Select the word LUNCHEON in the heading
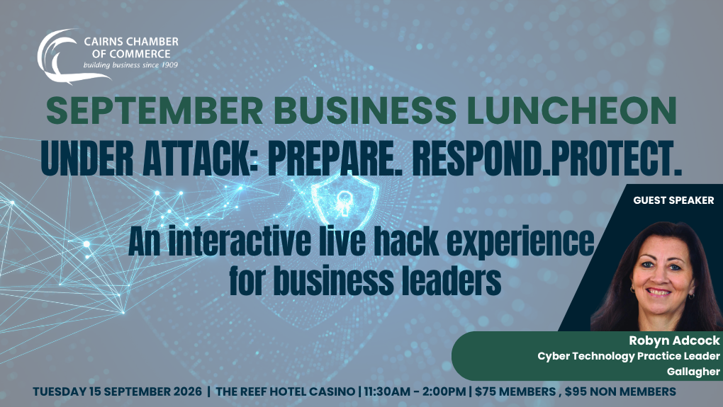click(572, 111)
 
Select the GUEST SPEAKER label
click(673, 200)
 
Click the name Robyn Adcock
click(674, 340)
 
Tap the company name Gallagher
click(693, 372)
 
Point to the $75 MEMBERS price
click(515, 392)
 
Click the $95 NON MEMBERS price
click(620, 392)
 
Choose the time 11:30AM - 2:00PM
click(415, 392)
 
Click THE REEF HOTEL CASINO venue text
click(285, 392)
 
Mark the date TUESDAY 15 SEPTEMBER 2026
click(117, 392)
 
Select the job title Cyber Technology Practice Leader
click(629, 356)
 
